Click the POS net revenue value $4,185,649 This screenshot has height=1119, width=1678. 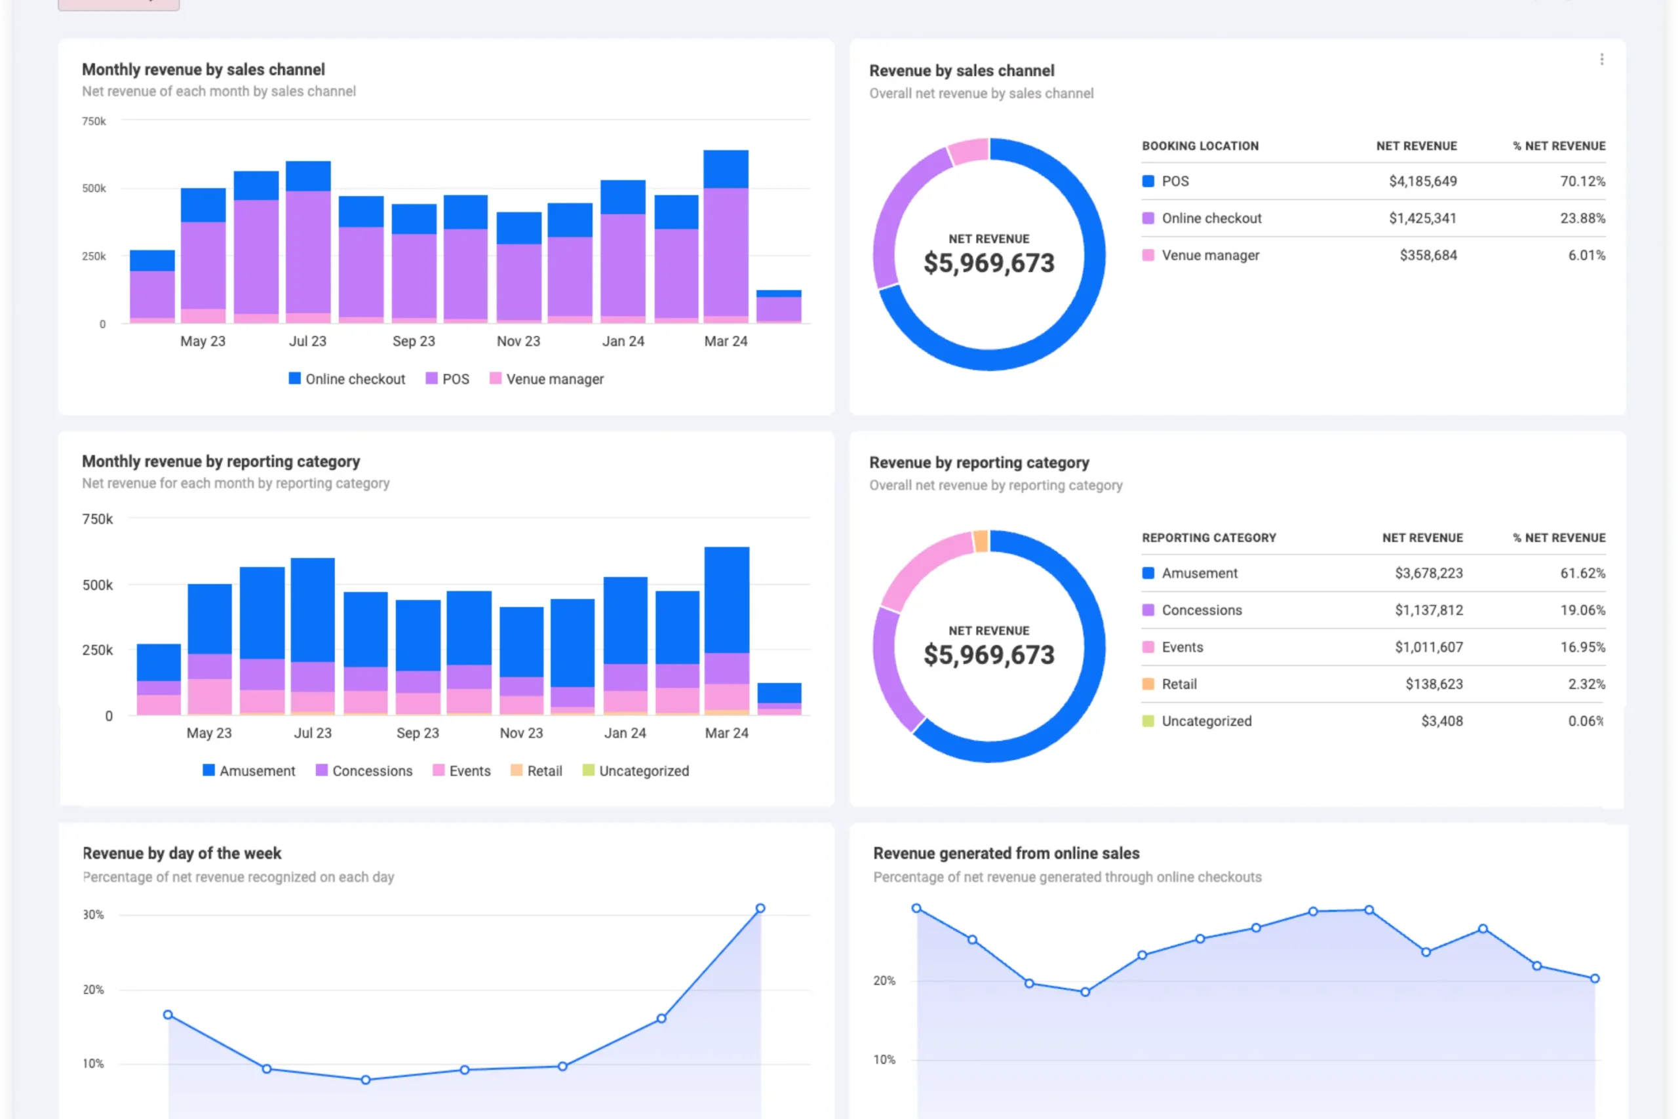coord(1422,182)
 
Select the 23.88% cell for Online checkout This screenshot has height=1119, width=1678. coord(1582,218)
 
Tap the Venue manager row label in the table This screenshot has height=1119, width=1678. coord(1210,256)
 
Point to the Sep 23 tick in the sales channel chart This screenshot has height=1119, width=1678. coord(413,341)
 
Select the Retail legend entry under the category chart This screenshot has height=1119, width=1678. coord(537,771)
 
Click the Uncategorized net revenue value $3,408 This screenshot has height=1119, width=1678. coord(1441,721)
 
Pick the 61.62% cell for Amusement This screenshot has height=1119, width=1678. coord(1582,573)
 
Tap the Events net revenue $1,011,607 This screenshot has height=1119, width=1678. coord(1428,647)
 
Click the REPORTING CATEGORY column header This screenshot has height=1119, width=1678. coord(1209,538)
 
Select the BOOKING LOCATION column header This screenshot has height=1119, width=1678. coord(1200,146)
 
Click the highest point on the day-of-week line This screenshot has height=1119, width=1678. coord(760,909)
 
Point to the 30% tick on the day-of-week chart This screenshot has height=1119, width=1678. coord(94,915)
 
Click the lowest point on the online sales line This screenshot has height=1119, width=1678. coord(1085,992)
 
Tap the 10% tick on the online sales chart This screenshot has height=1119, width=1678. coord(884,1060)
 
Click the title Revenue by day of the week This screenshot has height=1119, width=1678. coord(182,854)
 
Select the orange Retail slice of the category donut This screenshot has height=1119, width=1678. coord(981,541)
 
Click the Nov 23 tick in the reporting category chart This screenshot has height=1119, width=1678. coord(521,733)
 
